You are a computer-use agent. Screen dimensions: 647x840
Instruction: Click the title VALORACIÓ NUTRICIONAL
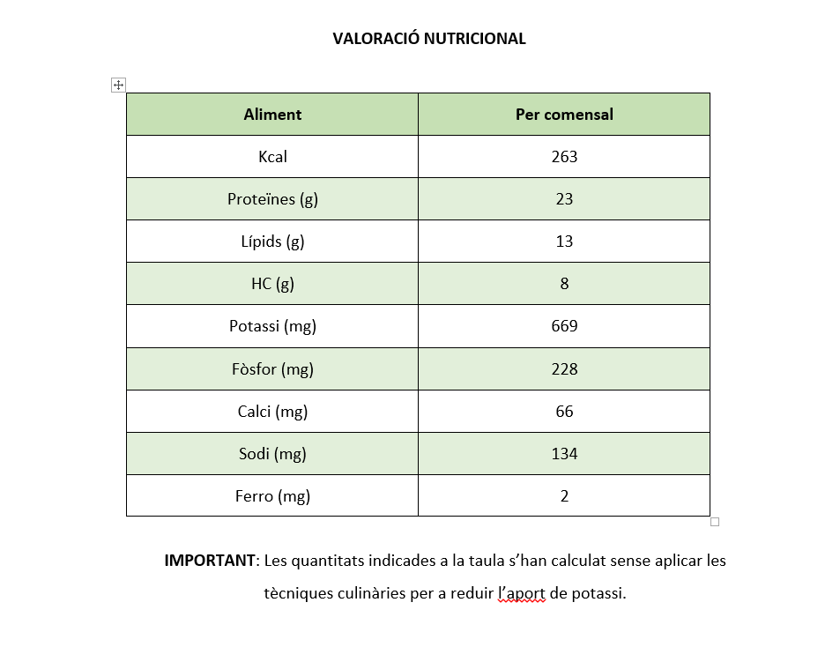pos(429,39)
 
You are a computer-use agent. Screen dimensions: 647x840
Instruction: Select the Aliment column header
pos(272,115)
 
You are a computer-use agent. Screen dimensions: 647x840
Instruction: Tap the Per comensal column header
pos(564,115)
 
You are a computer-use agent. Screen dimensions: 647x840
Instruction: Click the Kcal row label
pos(272,157)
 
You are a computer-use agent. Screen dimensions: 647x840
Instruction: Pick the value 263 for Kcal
pos(564,157)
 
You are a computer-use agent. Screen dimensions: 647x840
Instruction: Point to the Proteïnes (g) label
pos(272,199)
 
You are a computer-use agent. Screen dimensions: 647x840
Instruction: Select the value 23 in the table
pos(564,199)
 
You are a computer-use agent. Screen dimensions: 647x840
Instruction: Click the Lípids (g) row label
pos(272,242)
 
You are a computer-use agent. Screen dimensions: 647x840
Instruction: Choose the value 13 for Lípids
pos(564,242)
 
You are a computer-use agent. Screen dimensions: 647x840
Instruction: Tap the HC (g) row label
pos(272,284)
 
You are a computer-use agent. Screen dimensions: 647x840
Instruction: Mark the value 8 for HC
pos(564,284)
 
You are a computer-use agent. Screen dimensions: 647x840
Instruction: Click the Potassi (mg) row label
pos(272,326)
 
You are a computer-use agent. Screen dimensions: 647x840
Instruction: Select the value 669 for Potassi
pos(564,326)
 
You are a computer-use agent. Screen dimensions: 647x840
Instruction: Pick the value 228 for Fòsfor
pos(564,369)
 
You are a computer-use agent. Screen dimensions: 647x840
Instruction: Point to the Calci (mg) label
pos(272,412)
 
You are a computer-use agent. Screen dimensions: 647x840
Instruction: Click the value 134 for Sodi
pos(564,454)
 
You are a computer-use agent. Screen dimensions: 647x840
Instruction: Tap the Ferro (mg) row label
pos(272,496)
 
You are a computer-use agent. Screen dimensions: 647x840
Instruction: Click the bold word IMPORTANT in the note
pos(210,561)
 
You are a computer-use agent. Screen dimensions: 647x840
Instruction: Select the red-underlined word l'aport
pos(522,593)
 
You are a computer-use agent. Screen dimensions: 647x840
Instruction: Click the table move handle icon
pos(118,85)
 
